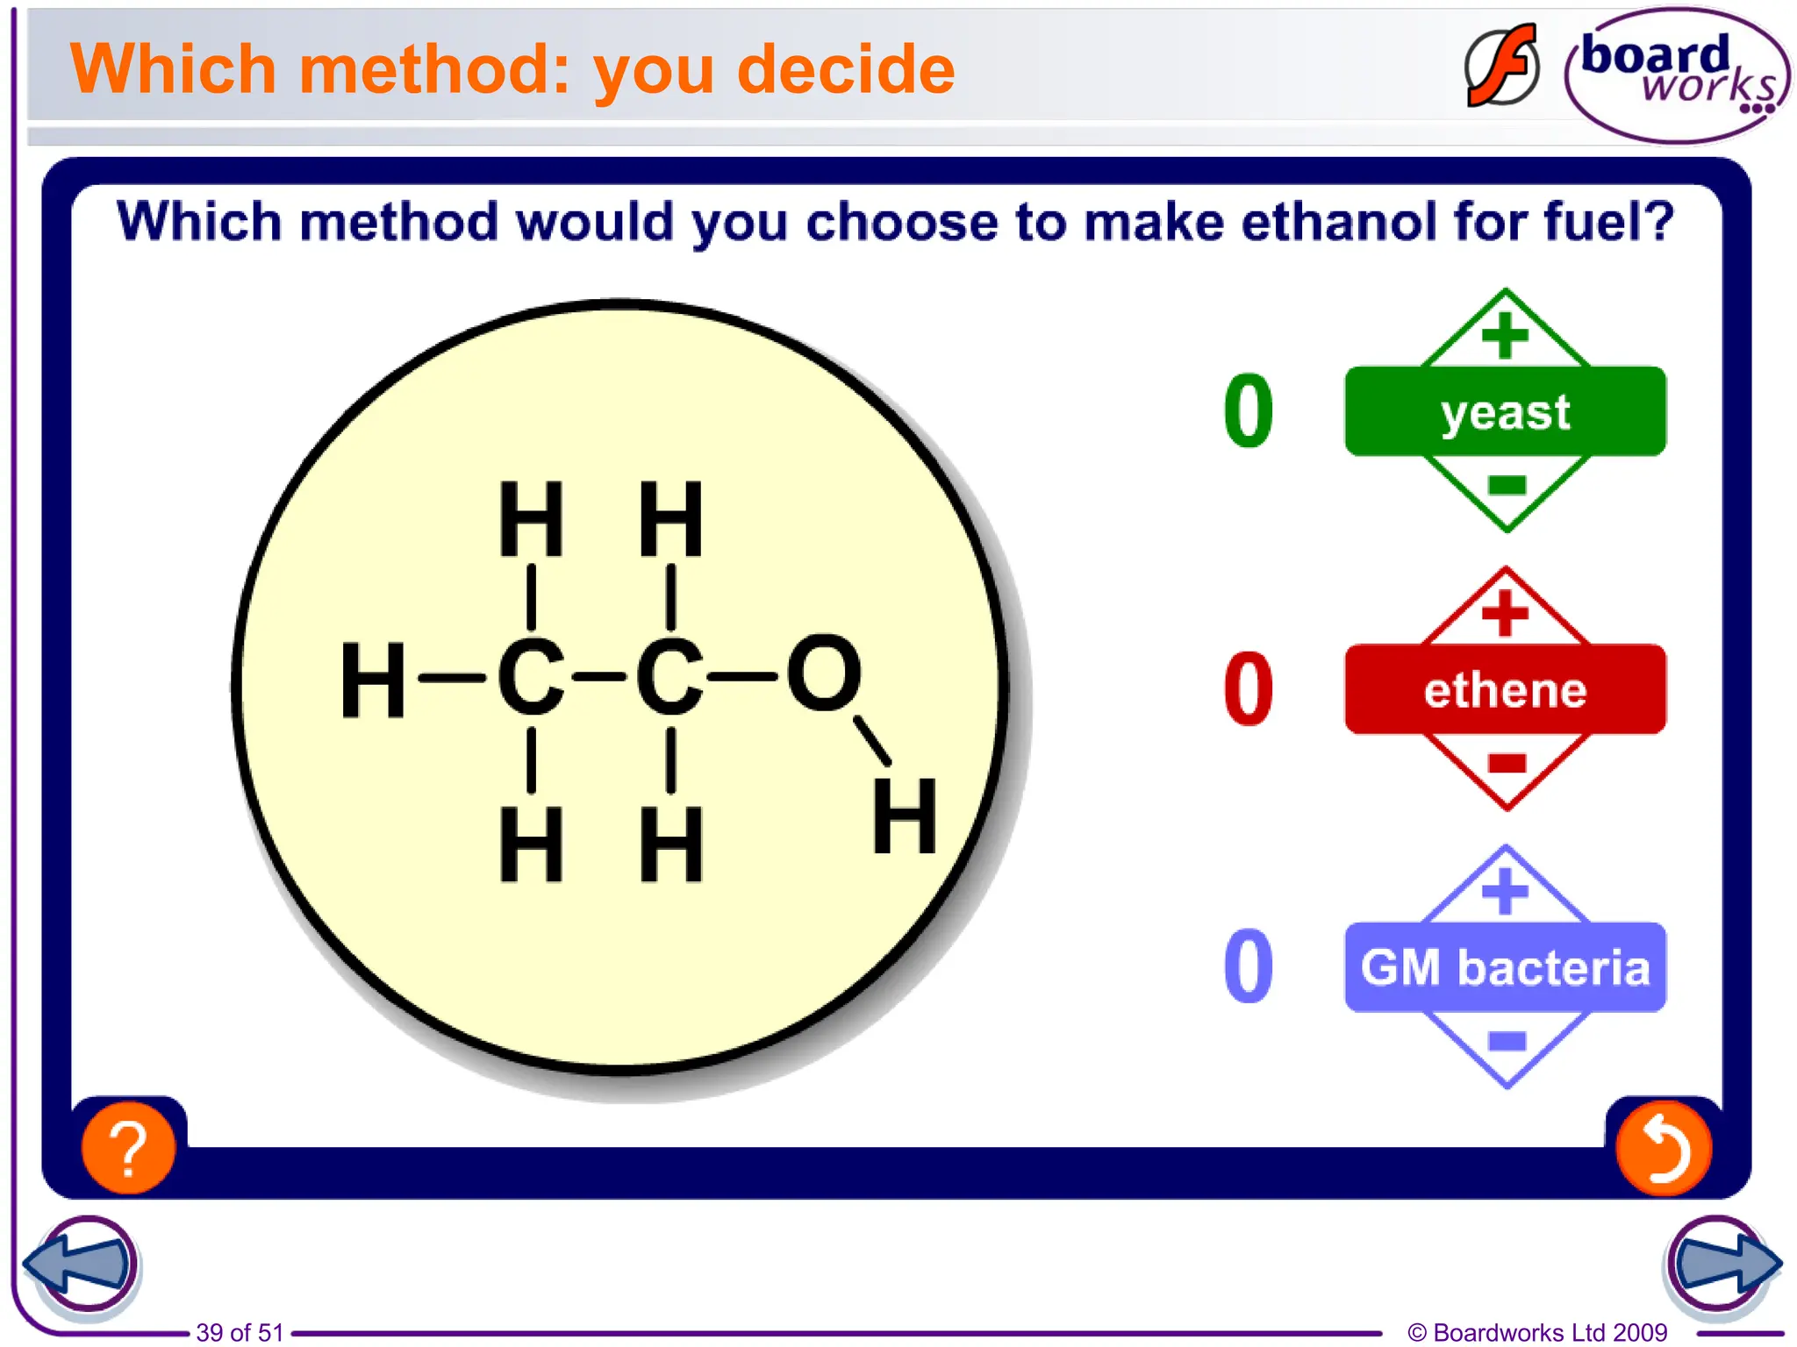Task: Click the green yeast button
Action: (1504, 412)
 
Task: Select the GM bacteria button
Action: (1504, 968)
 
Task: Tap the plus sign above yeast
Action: (1506, 336)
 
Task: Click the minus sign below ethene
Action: (1507, 763)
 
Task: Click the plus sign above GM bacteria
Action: (1506, 891)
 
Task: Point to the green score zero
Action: (1248, 410)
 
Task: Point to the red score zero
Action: (1248, 689)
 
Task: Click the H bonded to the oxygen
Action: (904, 817)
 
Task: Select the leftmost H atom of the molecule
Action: (373, 680)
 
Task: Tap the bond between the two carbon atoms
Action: (599, 677)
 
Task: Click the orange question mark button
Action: (128, 1148)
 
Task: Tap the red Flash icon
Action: (1501, 67)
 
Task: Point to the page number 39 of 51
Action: (240, 1332)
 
